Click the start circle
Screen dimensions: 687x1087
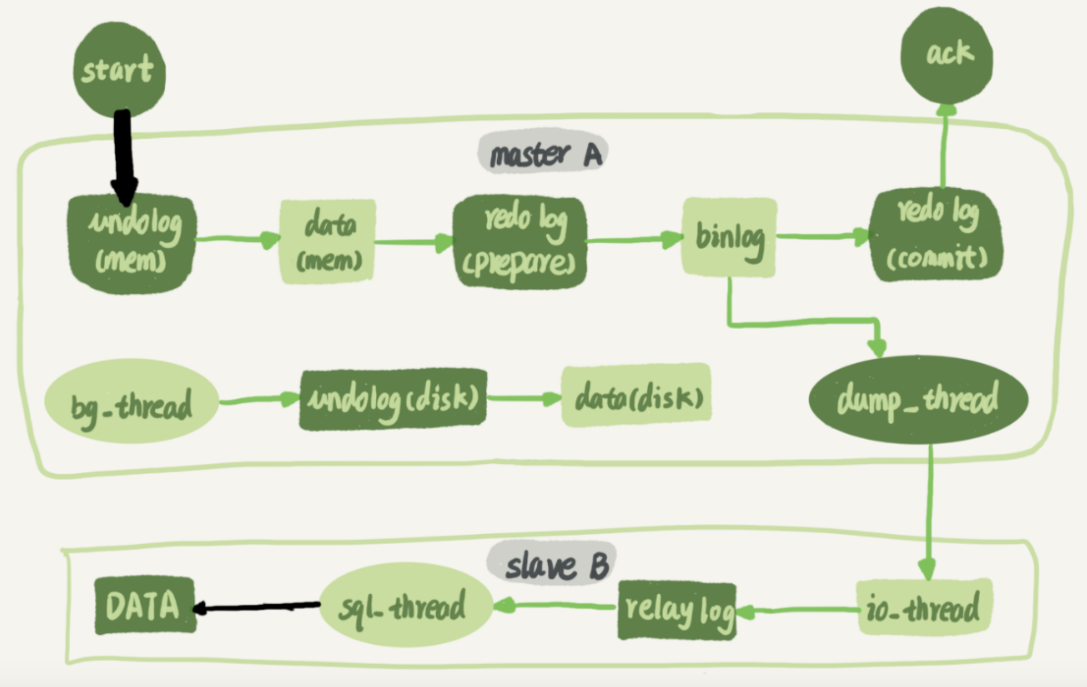pyautogui.click(x=119, y=70)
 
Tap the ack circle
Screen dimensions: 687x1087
pyautogui.click(x=947, y=55)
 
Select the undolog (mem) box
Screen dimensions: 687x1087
pyautogui.click(x=132, y=243)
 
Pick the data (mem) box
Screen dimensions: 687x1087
pyautogui.click(x=328, y=241)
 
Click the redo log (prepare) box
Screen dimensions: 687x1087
pyautogui.click(x=520, y=242)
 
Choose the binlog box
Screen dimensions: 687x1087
pyautogui.click(x=729, y=237)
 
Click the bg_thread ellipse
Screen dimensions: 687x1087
pyautogui.click(x=131, y=402)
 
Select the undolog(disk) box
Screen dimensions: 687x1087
pyautogui.click(x=393, y=399)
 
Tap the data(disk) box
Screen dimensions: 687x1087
pyautogui.click(x=636, y=396)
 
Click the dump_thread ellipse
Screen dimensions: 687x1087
pyautogui.click(x=918, y=400)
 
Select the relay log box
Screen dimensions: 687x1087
pyautogui.click(x=676, y=610)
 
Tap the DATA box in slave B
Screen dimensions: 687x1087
pyautogui.click(x=144, y=606)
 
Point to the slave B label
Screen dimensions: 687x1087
pyautogui.click(x=552, y=564)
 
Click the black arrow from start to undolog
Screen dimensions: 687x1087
pyautogui.click(x=124, y=156)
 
